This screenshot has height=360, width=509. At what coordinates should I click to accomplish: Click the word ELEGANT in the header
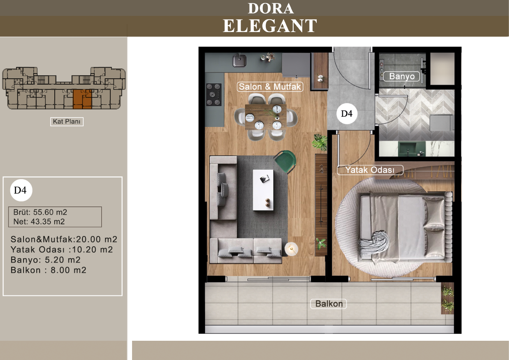pyautogui.click(x=270, y=26)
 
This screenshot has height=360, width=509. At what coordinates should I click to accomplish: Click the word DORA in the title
pyautogui.click(x=271, y=9)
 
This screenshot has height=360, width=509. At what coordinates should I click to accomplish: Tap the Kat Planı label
pyautogui.click(x=67, y=121)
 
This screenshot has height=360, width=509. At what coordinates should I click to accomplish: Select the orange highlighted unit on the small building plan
pyautogui.click(x=82, y=99)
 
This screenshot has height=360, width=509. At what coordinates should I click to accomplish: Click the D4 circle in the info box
pyautogui.click(x=21, y=190)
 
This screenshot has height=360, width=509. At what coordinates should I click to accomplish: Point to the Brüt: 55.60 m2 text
pyautogui.click(x=40, y=212)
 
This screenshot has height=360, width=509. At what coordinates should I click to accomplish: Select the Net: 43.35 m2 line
pyautogui.click(x=39, y=222)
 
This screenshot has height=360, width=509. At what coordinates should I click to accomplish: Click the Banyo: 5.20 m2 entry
pyautogui.click(x=45, y=260)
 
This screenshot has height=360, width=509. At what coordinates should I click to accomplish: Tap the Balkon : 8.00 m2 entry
pyautogui.click(x=48, y=270)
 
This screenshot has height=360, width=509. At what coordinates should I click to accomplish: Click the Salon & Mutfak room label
pyautogui.click(x=270, y=87)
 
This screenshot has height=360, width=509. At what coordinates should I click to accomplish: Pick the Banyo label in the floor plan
pyautogui.click(x=402, y=76)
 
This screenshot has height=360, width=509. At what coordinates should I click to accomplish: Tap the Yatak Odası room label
pyautogui.click(x=370, y=170)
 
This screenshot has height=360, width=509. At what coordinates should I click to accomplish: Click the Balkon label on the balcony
pyautogui.click(x=329, y=304)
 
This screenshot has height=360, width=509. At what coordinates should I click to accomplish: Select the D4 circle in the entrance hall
pyautogui.click(x=347, y=114)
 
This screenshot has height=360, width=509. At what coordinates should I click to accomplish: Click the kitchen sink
pyautogui.click(x=239, y=60)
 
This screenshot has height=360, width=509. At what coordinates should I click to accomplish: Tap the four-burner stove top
pyautogui.click(x=214, y=94)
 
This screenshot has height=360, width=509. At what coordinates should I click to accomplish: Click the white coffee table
pyautogui.click(x=263, y=190)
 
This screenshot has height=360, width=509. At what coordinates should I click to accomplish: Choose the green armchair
pyautogui.click(x=285, y=161)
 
